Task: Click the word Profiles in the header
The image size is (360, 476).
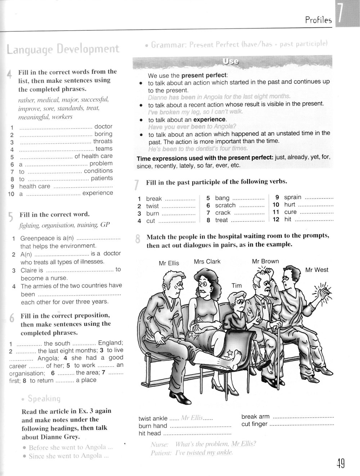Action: tap(318, 20)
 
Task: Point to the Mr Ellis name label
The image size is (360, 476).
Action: tap(169, 263)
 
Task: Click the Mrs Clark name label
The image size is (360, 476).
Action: tap(207, 261)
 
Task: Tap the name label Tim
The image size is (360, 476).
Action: tap(237, 286)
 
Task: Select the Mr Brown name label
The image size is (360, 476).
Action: tap(265, 261)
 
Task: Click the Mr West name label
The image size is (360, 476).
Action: tap(317, 270)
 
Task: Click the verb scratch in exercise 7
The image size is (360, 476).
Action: tap(225, 205)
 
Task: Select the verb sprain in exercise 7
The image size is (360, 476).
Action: tap(293, 197)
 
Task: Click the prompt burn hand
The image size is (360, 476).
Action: tap(153, 426)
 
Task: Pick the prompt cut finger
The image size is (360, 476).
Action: tap(255, 424)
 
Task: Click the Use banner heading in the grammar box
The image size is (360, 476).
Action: tap(231, 62)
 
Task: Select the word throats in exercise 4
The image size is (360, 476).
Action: tap(103, 141)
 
